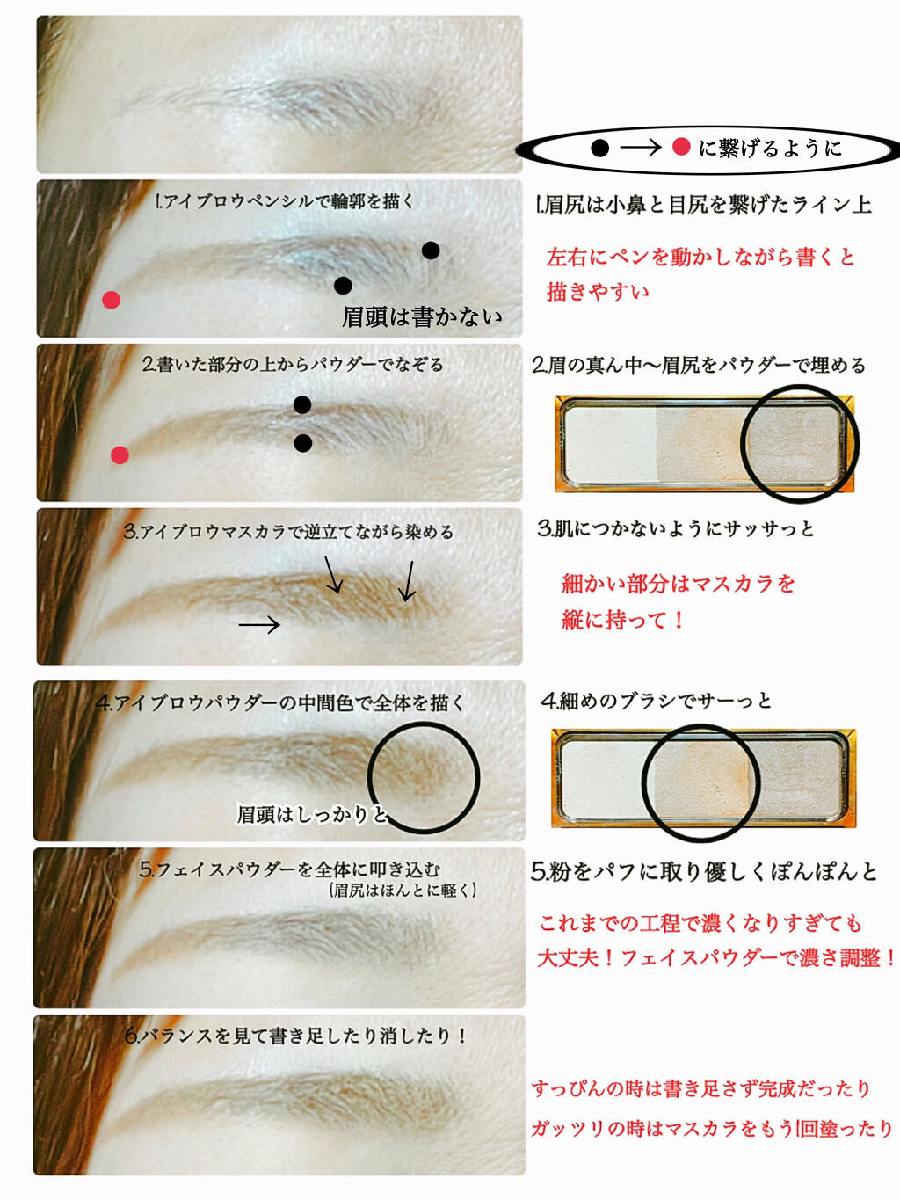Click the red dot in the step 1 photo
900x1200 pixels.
click(112, 300)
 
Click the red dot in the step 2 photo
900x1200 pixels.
click(120, 455)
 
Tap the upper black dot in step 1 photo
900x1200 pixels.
click(431, 251)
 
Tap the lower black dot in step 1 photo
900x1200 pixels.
click(343, 285)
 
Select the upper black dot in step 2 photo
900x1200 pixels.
click(302, 405)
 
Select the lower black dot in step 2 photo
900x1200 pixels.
click(302, 443)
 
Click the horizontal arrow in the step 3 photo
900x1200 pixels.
click(259, 624)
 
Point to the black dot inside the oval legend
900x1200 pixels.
click(600, 149)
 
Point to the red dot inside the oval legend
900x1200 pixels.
click(681, 147)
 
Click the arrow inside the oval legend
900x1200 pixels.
click(641, 148)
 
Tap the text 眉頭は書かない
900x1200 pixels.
click(422, 317)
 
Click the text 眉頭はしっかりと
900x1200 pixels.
click(312, 815)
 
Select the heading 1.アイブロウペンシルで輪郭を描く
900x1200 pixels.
click(285, 201)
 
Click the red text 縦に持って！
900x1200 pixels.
click(622, 620)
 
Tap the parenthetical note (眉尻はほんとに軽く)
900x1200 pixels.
click(403, 891)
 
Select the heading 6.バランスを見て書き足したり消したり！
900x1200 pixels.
click(295, 1036)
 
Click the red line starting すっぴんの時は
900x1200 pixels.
click(701, 1088)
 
